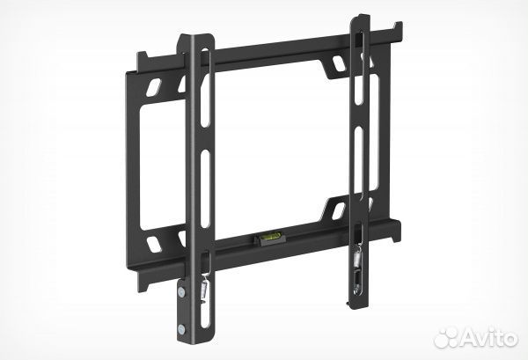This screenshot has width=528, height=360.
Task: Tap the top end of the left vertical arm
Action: click(x=198, y=39)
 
